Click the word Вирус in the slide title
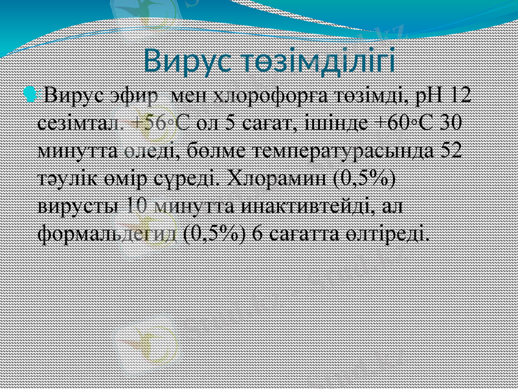(179, 61)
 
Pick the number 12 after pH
(461, 97)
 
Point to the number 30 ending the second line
(448, 124)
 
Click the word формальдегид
(107, 233)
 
